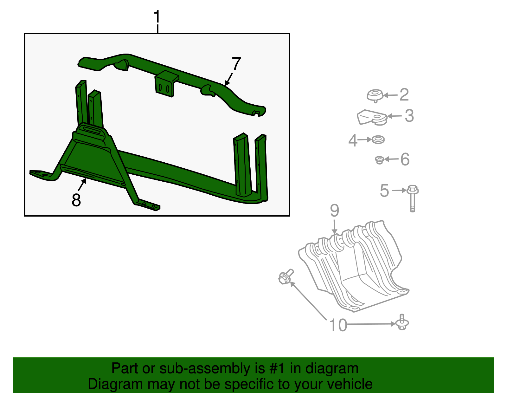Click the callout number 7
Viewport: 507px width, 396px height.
point(236,63)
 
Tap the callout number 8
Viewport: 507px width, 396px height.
point(76,200)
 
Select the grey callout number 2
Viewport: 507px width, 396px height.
point(404,94)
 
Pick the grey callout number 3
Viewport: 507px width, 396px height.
point(409,116)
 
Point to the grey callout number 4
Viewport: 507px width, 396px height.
point(352,140)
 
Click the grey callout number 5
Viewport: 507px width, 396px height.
point(384,191)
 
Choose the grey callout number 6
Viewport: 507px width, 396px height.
point(405,159)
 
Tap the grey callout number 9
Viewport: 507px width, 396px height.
point(334,211)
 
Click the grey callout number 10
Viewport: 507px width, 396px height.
point(338,325)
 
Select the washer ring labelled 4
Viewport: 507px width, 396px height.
point(378,140)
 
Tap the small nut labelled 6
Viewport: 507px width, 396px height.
point(379,160)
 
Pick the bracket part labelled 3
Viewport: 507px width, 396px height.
point(371,117)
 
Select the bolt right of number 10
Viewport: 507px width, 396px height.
point(402,323)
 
